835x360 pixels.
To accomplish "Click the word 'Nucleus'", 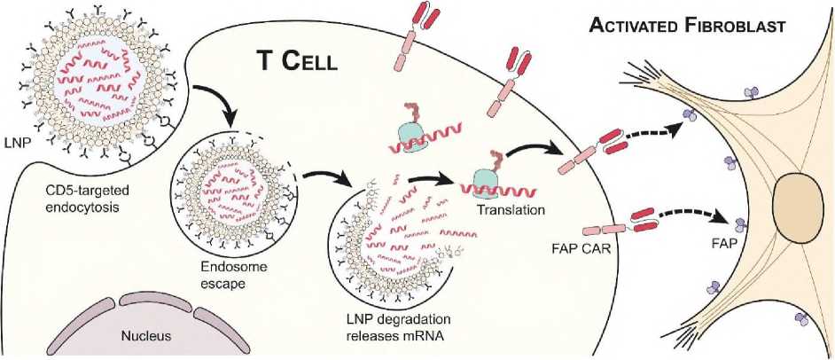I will coord(147,335).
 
